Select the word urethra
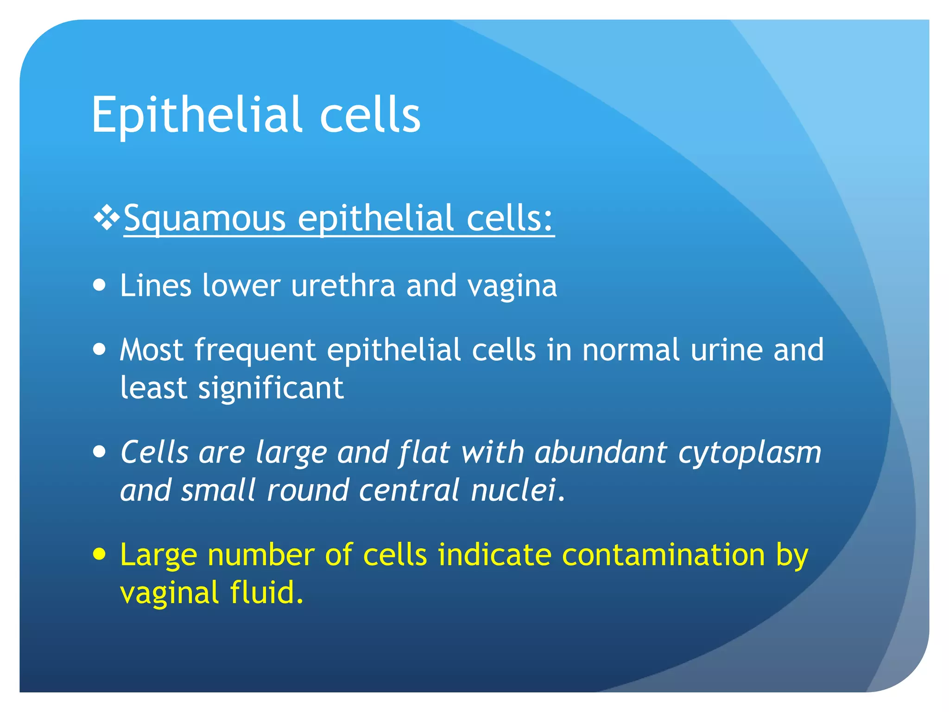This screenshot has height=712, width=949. pyautogui.click(x=343, y=286)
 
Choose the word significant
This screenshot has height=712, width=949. pyautogui.click(x=271, y=388)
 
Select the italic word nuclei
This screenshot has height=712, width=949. pyautogui.click(x=513, y=490)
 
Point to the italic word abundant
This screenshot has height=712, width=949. pyautogui.click(x=601, y=452)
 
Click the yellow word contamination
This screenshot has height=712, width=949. pyautogui.click(x=663, y=555)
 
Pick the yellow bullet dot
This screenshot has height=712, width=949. pyautogui.click(x=99, y=553)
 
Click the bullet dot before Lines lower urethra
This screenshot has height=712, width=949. pyautogui.click(x=99, y=285)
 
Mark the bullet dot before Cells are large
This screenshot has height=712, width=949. pyautogui.click(x=99, y=451)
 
